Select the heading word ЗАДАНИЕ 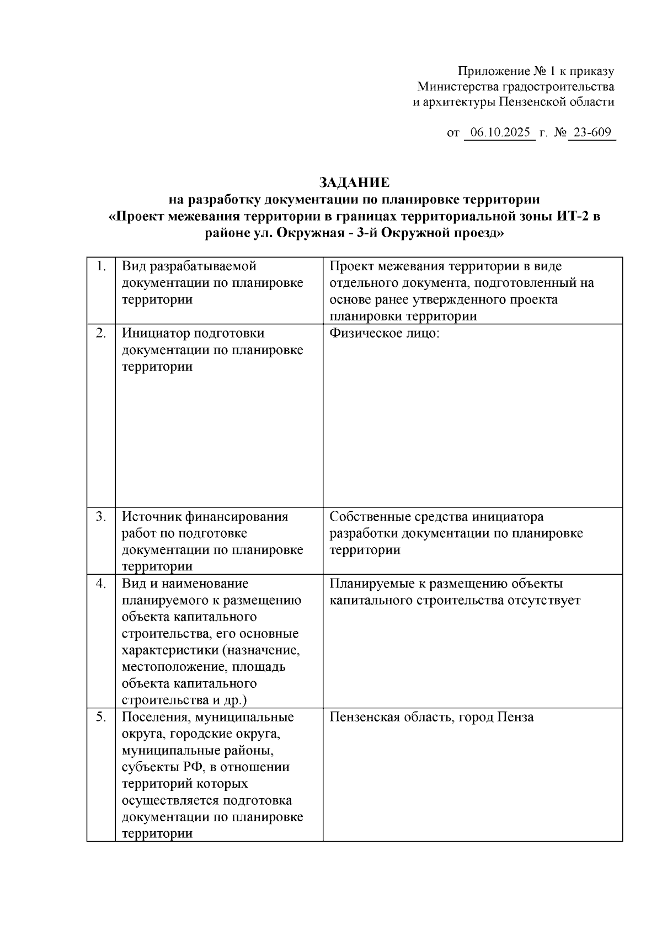pyautogui.click(x=354, y=183)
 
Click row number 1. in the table pyautogui.click(x=102, y=266)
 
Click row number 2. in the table pyautogui.click(x=102, y=333)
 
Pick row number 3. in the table pyautogui.click(x=102, y=517)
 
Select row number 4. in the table pyautogui.click(x=102, y=584)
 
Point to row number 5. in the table pyautogui.click(x=102, y=717)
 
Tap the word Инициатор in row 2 pyautogui.click(x=153, y=333)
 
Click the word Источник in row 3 pyautogui.click(x=150, y=517)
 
